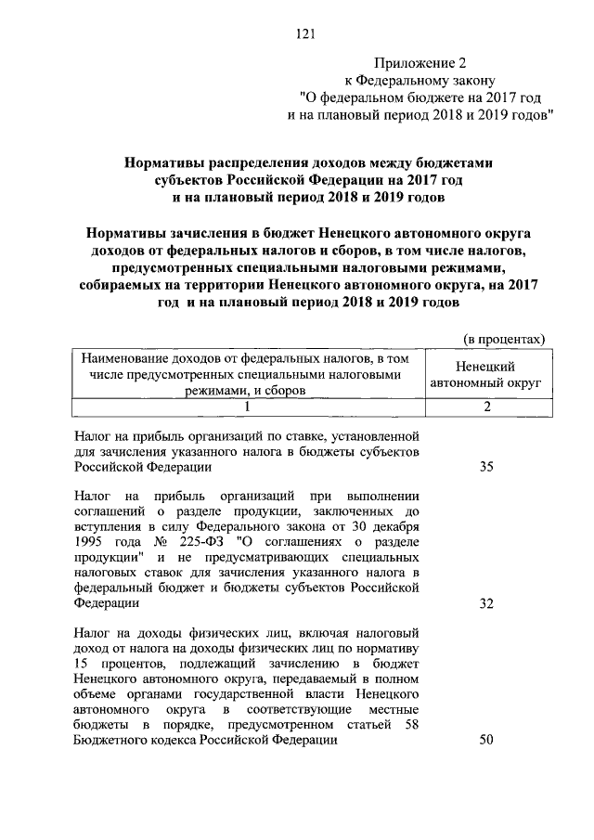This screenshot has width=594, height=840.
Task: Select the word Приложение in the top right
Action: point(413,62)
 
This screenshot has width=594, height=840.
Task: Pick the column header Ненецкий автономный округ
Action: point(485,374)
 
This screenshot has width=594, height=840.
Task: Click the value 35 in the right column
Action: point(486,468)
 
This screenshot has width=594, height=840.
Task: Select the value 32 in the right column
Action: point(486,603)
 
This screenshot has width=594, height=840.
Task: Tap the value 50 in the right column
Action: point(486,740)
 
